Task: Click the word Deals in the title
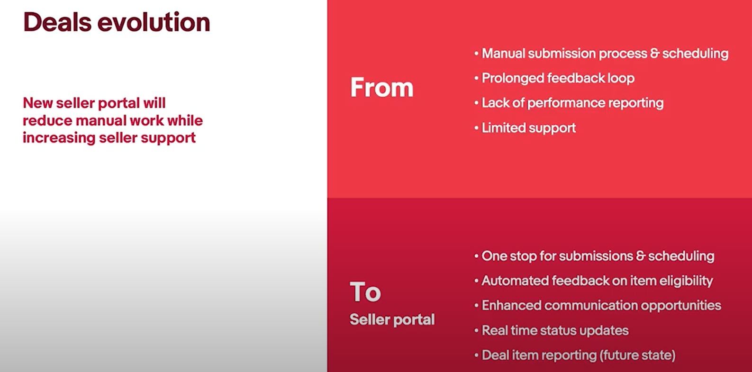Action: pyautogui.click(x=57, y=22)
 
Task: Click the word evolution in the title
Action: pyautogui.click(x=154, y=22)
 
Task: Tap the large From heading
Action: pyautogui.click(x=382, y=87)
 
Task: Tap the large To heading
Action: pyautogui.click(x=365, y=292)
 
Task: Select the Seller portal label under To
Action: pyautogui.click(x=392, y=319)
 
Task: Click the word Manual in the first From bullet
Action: pyautogui.click(x=503, y=54)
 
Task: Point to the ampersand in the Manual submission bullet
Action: pyautogui.click(x=655, y=54)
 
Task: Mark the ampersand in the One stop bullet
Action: pyautogui.click(x=641, y=256)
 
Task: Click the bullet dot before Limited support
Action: pyautogui.click(x=476, y=128)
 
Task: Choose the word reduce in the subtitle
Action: pyautogui.click(x=47, y=120)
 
